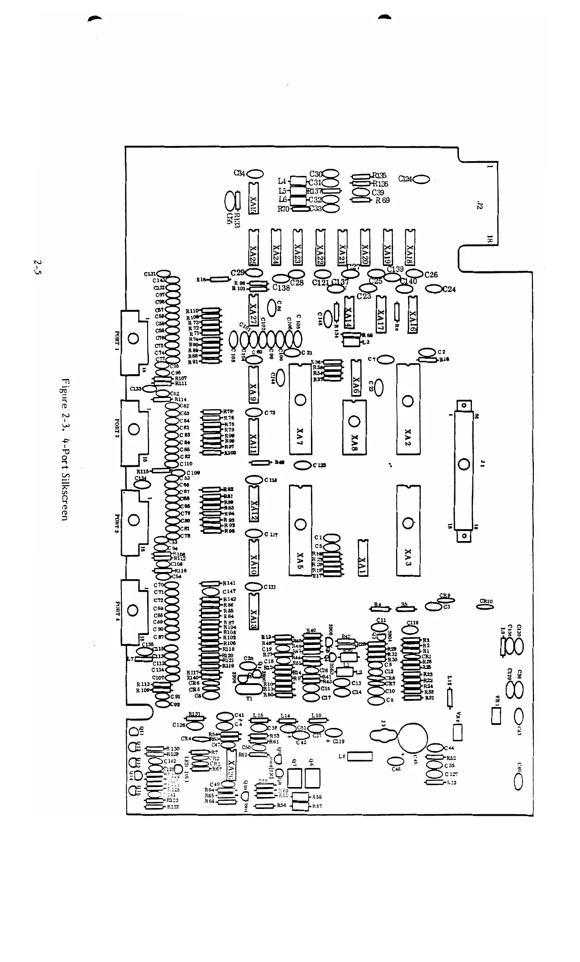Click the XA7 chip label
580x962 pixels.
click(x=300, y=434)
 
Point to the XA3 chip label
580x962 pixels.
click(x=408, y=554)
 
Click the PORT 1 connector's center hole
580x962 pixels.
click(x=133, y=339)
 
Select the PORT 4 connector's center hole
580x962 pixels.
click(x=133, y=610)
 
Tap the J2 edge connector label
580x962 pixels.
click(x=480, y=205)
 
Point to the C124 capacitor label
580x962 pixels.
click(x=405, y=179)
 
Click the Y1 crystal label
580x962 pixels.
click(x=249, y=699)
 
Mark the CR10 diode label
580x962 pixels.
click(x=486, y=601)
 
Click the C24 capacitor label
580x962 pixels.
click(x=449, y=289)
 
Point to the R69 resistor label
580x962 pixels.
click(x=382, y=200)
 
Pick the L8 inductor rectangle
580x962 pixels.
click(x=360, y=757)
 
